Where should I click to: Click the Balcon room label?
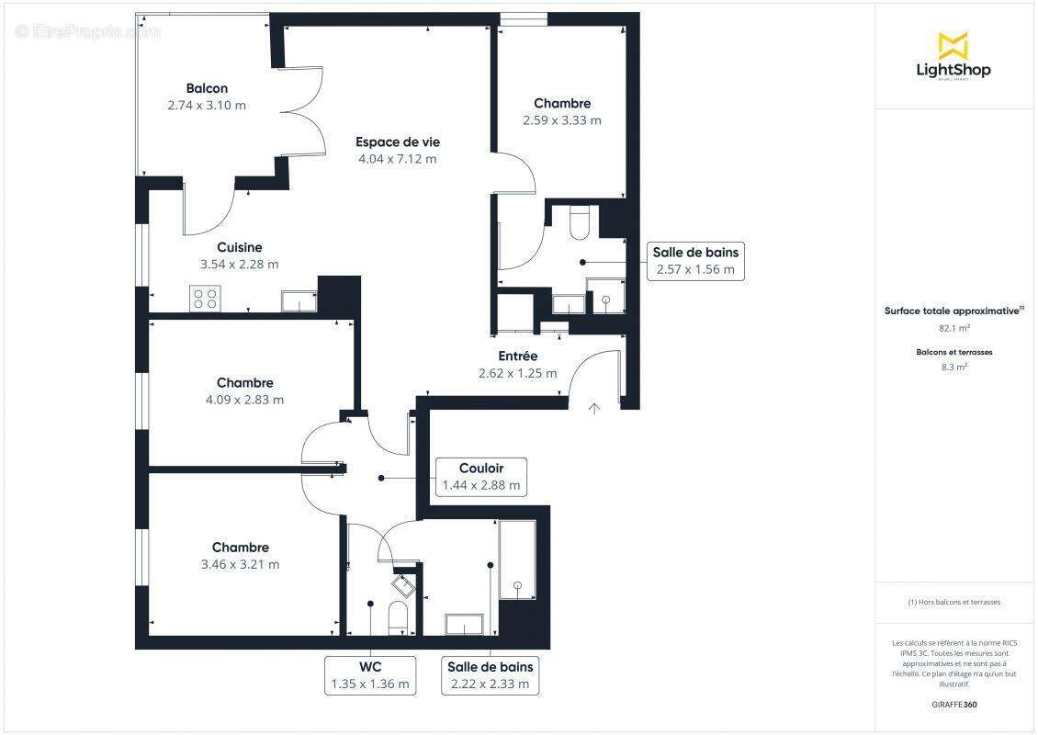(x=207, y=88)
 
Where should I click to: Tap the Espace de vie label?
(x=398, y=141)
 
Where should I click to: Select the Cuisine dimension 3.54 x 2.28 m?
(x=239, y=265)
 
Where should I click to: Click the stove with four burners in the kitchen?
(x=205, y=299)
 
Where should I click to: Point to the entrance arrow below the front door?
(x=594, y=408)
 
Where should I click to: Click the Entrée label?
(x=518, y=356)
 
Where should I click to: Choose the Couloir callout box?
(x=481, y=477)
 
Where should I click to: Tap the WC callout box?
(x=370, y=675)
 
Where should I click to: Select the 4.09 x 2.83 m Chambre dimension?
(x=244, y=400)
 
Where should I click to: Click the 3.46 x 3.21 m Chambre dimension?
(x=240, y=564)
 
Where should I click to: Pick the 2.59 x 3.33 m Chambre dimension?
(x=562, y=120)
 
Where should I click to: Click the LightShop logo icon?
(x=953, y=45)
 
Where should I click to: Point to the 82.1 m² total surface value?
(x=953, y=327)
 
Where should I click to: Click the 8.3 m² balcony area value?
(x=953, y=367)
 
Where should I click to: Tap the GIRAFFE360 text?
(x=954, y=705)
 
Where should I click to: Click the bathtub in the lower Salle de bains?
(x=517, y=560)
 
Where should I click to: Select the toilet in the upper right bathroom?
(x=581, y=224)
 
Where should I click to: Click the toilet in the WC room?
(x=398, y=616)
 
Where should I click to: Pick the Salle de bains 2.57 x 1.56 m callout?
(x=695, y=261)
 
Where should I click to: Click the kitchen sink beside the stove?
(x=299, y=300)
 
